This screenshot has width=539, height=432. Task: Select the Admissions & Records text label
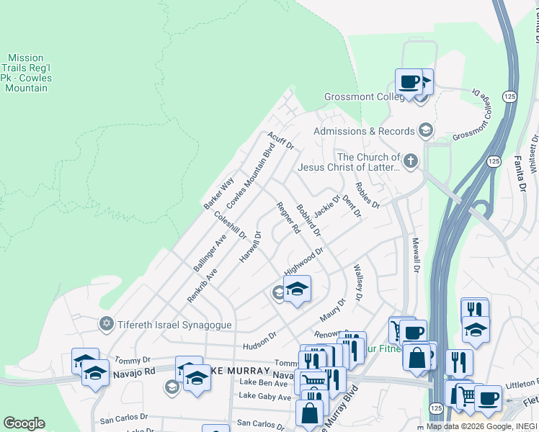click(363, 131)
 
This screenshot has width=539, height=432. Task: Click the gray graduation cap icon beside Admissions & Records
click(425, 130)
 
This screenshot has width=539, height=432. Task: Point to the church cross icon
click(411, 161)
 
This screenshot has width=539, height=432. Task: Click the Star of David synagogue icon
click(107, 324)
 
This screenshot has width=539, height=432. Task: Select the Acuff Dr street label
click(281, 140)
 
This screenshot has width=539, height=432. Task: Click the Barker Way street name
click(218, 193)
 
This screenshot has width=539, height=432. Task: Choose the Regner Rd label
click(288, 218)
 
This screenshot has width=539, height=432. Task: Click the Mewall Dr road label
click(415, 255)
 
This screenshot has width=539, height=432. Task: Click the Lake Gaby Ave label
click(264, 396)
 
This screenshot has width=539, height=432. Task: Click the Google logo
click(24, 423)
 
